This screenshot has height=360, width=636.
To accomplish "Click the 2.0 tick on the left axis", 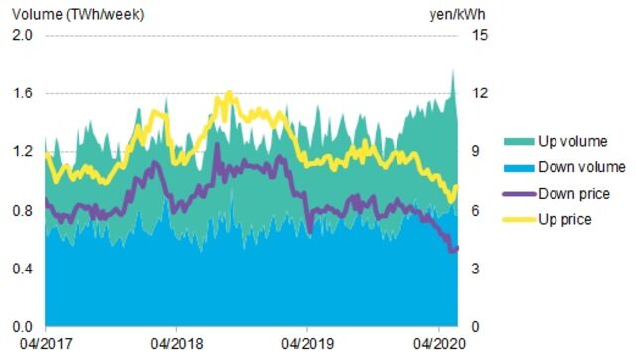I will click(x=22, y=36).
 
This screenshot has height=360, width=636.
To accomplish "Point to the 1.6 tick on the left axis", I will click(x=22, y=94).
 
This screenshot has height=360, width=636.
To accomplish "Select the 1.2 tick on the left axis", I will click(x=22, y=152).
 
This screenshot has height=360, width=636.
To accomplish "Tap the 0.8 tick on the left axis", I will click(x=22, y=211).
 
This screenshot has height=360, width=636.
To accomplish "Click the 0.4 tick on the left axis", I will click(x=22, y=270).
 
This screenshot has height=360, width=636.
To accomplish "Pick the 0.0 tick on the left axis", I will click(x=22, y=327).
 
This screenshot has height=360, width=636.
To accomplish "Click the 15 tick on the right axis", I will click(x=479, y=36).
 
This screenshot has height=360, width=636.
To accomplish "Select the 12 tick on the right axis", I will click(x=479, y=94).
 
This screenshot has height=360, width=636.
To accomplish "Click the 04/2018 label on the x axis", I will click(x=176, y=347).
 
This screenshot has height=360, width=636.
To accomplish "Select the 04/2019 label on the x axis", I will click(x=307, y=347).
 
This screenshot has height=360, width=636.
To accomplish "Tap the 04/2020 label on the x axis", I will click(x=438, y=347).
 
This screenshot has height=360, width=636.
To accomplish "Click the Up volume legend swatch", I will click(x=518, y=142).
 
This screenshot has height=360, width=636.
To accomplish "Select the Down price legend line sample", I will click(x=518, y=193).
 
